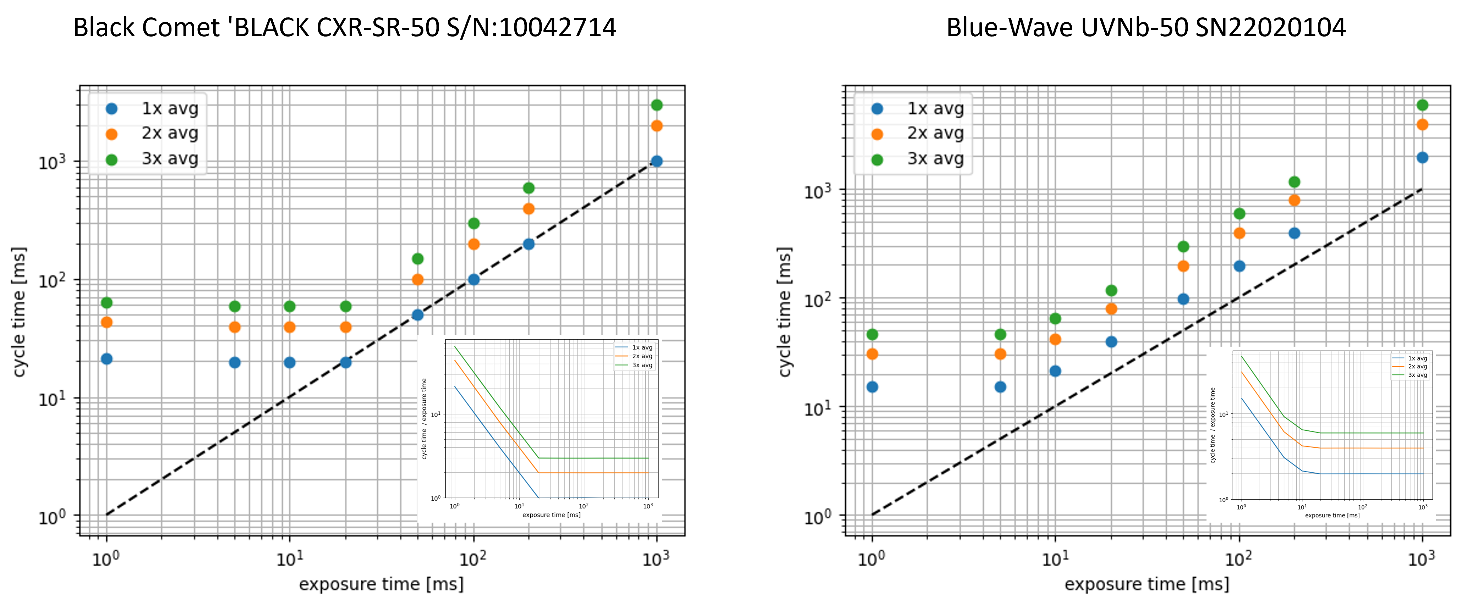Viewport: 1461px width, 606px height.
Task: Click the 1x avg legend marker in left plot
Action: tap(112, 108)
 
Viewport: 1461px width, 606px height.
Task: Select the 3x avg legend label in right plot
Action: tap(935, 159)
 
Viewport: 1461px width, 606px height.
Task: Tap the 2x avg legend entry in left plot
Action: tap(170, 133)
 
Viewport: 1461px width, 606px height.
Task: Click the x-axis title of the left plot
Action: tap(381, 584)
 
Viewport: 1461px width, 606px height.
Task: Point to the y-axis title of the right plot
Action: tap(784, 312)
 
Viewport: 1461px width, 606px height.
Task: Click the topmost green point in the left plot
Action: tap(657, 105)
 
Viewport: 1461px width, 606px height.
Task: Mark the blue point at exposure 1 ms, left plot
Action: tap(106, 359)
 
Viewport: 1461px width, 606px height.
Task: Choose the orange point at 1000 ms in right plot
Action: tap(1422, 125)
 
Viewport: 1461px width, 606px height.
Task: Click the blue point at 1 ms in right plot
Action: tap(872, 387)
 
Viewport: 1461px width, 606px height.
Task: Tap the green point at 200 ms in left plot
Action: tap(529, 188)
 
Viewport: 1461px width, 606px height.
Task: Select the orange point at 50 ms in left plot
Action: tap(417, 280)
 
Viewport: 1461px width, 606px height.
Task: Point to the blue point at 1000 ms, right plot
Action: tap(1422, 158)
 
